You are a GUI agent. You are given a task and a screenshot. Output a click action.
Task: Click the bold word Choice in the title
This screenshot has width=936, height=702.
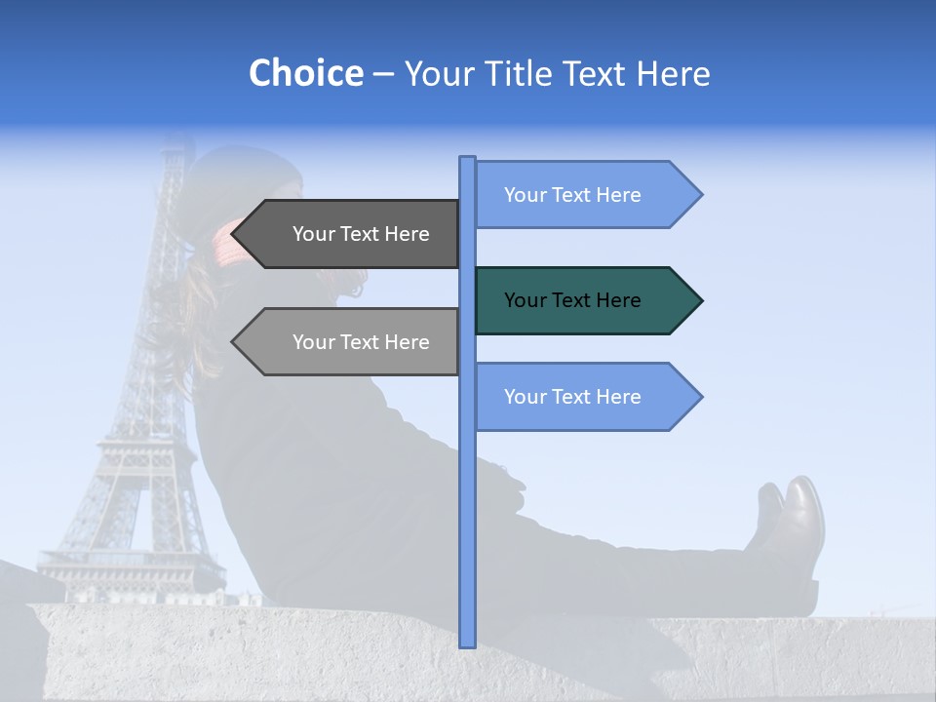coord(305,73)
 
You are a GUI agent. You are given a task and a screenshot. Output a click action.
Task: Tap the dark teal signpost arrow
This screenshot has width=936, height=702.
coord(585,300)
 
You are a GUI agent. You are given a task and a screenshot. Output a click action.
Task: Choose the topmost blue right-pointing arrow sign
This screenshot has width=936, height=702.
coord(585,195)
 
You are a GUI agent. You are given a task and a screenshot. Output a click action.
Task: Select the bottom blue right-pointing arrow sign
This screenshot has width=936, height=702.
coord(585,397)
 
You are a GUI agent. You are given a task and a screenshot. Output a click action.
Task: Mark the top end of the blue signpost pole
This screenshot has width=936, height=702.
coord(467,159)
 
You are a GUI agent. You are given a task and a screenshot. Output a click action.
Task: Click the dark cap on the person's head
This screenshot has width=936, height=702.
coord(244,175)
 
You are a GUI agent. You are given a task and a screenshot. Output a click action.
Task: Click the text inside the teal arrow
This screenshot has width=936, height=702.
coord(572,300)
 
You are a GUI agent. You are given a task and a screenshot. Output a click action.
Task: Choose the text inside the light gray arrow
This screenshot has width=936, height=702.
coord(361,342)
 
